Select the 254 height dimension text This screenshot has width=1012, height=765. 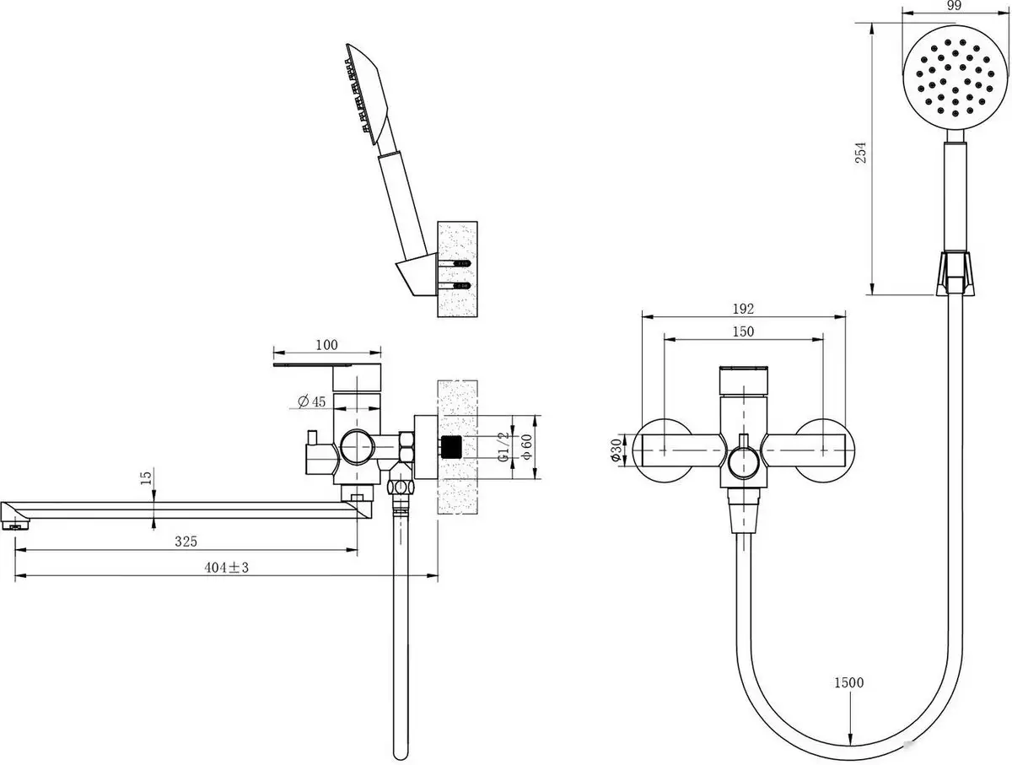860,153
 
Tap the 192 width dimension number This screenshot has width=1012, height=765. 743,309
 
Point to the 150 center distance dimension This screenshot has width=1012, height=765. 743,331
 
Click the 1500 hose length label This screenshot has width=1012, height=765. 848,683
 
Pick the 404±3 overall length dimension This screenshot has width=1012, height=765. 227,568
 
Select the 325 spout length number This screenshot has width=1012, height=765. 186,541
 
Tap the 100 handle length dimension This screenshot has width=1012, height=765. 326,344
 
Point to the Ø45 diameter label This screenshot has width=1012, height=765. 312,401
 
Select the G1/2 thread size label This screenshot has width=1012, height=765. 503,447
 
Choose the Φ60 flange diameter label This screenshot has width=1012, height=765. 525,447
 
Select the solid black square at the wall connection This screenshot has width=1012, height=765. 454,447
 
